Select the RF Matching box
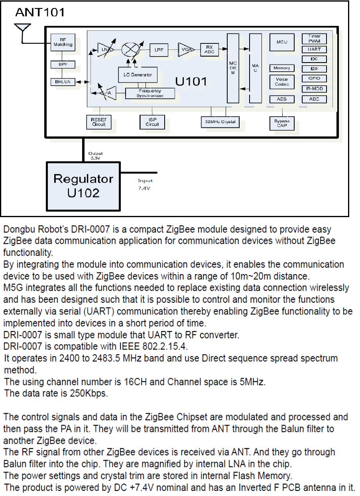click(x=63, y=42)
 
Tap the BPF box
click(x=63, y=64)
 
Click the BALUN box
click(x=63, y=82)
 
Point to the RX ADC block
click(x=209, y=49)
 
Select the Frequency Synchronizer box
click(x=150, y=93)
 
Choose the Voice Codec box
click(x=282, y=82)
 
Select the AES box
click(x=282, y=99)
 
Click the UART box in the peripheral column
click(x=314, y=50)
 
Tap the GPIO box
click(x=314, y=78)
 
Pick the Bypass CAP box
click(x=282, y=123)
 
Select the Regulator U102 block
click(x=83, y=186)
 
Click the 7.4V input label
click(x=144, y=188)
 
